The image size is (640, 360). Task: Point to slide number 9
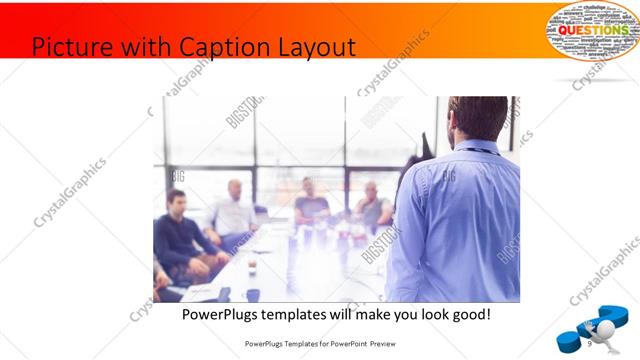593,343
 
